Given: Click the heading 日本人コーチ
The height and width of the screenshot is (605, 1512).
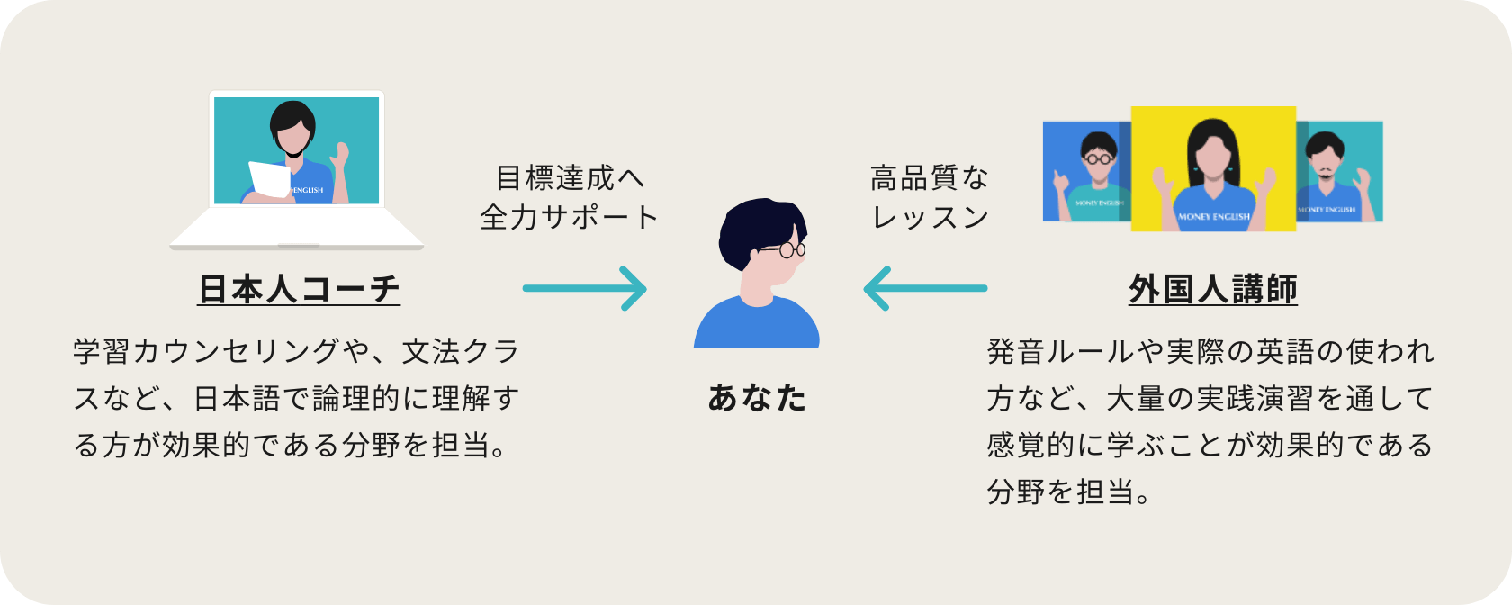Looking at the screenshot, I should click(299, 289).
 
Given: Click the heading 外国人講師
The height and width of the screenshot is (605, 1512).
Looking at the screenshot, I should click(1212, 289).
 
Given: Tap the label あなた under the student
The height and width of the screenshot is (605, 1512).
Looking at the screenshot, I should click(757, 397).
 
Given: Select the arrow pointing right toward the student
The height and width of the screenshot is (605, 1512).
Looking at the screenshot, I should click(585, 289).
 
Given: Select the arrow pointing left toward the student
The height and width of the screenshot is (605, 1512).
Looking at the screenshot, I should click(925, 289).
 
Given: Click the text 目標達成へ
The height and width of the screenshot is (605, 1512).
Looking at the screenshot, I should click(570, 178).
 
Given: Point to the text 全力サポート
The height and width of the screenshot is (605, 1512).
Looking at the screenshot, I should click(570, 217).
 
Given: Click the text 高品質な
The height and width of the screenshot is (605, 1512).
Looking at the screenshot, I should click(930, 178).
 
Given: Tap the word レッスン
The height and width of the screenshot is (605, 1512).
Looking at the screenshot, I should click(930, 217).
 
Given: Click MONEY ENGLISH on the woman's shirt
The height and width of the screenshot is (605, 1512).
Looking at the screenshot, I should click(1213, 217).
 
